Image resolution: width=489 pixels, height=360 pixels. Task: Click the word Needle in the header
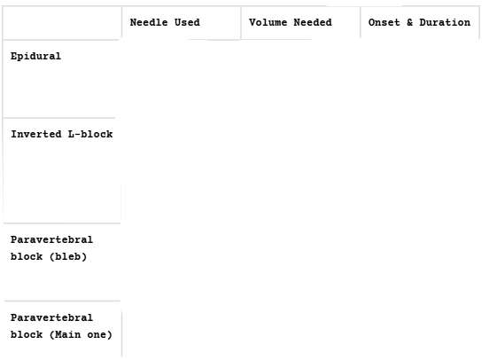[149, 22]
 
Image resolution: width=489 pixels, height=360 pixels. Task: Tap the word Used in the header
[187, 22]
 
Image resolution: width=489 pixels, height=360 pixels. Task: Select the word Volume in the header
[268, 22]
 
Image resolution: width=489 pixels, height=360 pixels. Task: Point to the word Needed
[313, 22]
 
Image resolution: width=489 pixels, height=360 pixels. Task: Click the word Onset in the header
[384, 22]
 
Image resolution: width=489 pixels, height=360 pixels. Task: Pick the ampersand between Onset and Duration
[409, 22]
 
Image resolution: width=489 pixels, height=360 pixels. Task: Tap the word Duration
[445, 22]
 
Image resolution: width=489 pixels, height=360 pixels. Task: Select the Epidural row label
[35, 57]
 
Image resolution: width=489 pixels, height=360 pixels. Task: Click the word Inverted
[36, 134]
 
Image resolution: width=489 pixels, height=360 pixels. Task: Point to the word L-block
[90, 134]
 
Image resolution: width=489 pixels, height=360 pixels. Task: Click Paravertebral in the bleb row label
[51, 239]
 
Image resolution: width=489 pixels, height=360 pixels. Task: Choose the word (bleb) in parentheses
[68, 256]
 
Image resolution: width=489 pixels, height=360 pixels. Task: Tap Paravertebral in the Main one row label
[51, 317]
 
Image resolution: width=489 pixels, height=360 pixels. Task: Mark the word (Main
[65, 334]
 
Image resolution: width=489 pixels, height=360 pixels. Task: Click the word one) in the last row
[99, 334]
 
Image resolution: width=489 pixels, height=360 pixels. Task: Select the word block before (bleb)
[27, 256]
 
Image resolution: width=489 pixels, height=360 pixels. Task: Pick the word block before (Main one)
[27, 334]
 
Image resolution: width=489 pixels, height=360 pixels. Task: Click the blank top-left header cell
[62, 23]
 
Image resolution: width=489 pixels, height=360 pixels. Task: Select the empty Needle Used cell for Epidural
[182, 79]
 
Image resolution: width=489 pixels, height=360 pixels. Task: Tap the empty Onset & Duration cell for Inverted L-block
[420, 170]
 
